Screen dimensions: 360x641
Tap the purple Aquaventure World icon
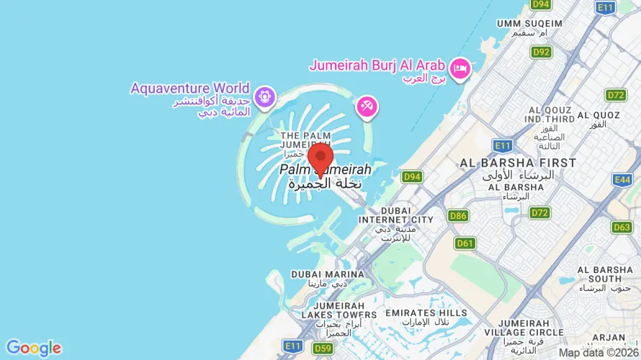click(265, 95)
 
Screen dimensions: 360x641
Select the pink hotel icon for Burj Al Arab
click(460, 68)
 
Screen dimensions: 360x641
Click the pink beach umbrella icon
click(367, 107)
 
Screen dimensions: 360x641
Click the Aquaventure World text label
click(190, 89)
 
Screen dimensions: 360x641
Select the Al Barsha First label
click(518, 163)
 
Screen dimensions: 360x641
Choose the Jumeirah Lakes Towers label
click(335, 310)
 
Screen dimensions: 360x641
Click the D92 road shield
click(540, 52)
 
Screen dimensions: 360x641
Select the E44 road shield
click(622, 179)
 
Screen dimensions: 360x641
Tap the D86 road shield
click(457, 215)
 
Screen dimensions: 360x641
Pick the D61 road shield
click(465, 243)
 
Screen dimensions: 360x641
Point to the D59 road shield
click(322, 348)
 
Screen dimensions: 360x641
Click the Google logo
click(33, 348)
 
